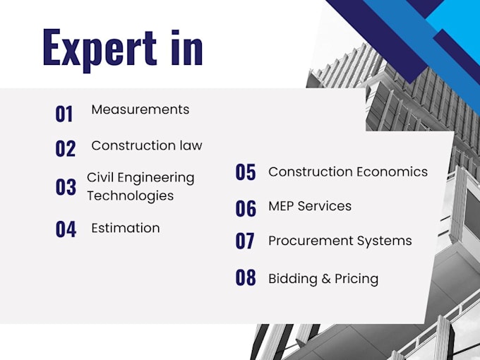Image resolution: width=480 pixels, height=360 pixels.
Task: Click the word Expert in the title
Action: point(100,51)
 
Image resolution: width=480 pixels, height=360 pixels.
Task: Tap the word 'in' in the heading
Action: point(187,47)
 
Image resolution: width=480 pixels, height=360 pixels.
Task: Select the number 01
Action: point(64,114)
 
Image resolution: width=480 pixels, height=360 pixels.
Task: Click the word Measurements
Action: point(140,109)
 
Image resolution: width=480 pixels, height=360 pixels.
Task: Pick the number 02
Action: point(65,149)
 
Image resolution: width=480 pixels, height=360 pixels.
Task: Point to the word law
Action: point(191,145)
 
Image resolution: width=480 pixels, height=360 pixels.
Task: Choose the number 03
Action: point(66,187)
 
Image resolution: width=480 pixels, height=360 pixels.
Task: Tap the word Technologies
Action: point(131,196)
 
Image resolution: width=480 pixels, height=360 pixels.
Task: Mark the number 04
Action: point(66,229)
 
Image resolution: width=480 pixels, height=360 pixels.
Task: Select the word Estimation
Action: point(126,228)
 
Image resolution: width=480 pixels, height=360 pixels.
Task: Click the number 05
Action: point(246,172)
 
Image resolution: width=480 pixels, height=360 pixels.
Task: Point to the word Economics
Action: point(392,172)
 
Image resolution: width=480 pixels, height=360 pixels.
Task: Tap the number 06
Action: point(246,208)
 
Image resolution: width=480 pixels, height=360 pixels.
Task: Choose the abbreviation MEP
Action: point(282,206)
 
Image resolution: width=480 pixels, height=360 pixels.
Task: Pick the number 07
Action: point(245,241)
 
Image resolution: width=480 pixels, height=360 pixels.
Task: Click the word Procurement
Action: point(311,241)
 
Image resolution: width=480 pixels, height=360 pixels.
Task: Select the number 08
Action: point(246,277)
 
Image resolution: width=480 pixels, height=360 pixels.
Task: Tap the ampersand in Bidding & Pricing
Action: point(326,279)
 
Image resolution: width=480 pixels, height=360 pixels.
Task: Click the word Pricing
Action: point(356,280)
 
